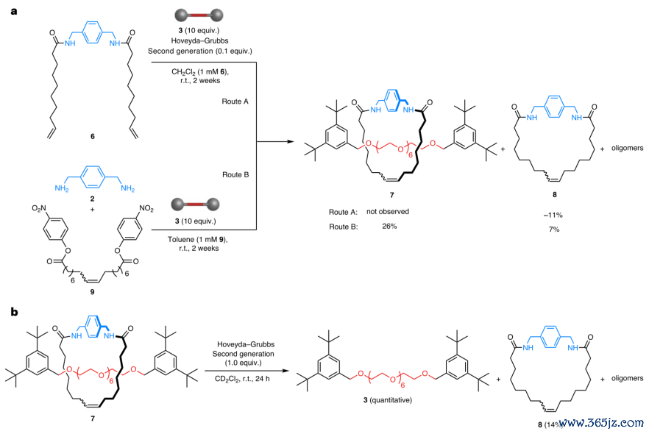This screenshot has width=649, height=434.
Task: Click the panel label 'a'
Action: [x=14, y=11]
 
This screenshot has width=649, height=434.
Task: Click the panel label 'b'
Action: [x=15, y=312]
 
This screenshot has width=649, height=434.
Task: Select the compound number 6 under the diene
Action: [x=92, y=136]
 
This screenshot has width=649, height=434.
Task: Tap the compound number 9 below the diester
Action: [x=92, y=292]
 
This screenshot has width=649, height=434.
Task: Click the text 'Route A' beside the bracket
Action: [x=235, y=102]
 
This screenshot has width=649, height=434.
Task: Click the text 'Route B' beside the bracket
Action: [x=235, y=174]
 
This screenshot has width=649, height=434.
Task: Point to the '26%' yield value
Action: [x=389, y=227]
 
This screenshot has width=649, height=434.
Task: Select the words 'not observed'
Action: [x=387, y=211]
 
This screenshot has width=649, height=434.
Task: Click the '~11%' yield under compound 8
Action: [x=553, y=215]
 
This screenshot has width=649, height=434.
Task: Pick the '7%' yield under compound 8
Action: [x=554, y=230]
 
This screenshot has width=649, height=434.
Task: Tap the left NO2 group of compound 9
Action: [x=40, y=208]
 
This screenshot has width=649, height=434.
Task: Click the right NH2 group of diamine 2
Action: [x=127, y=188]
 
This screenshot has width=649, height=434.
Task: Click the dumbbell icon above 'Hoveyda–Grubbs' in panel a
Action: [x=199, y=15]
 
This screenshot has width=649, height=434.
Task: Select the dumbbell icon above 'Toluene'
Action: [x=196, y=204]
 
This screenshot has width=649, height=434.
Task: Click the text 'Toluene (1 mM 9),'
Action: [x=198, y=239]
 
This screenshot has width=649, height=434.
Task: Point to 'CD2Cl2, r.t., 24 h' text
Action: [x=242, y=379]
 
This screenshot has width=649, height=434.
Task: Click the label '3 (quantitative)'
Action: [x=387, y=400]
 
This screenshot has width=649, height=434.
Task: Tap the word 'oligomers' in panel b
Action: [x=627, y=378]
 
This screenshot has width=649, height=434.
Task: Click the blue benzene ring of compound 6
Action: [x=92, y=32]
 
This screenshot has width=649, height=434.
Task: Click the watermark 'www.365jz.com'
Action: [x=603, y=422]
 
